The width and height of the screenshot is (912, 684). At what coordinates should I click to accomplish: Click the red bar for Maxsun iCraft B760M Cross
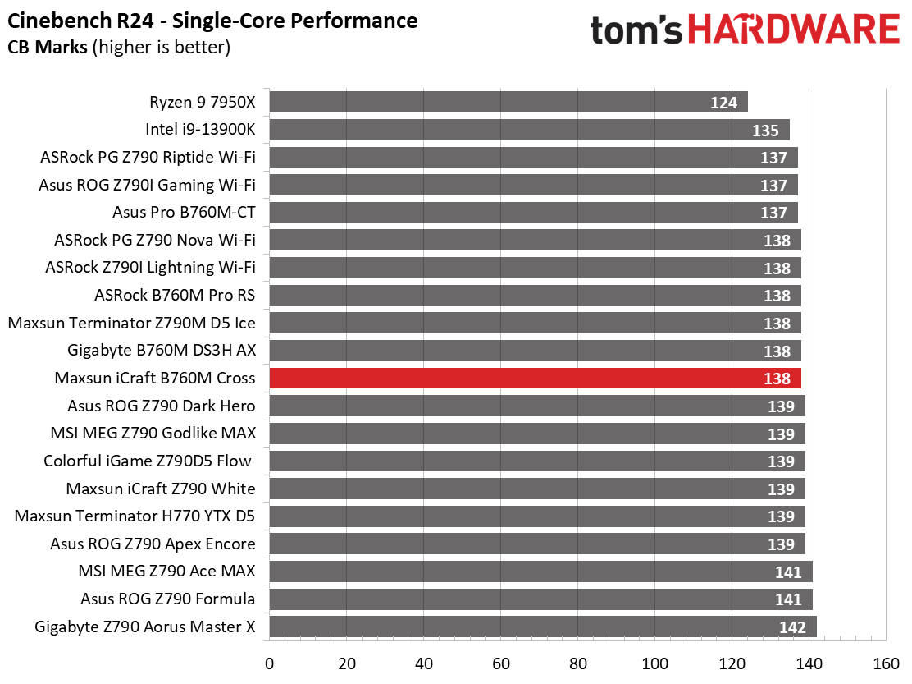535,379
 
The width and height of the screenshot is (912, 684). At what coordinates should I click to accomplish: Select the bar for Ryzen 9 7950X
508,103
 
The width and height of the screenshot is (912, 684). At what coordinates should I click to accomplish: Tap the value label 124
724,103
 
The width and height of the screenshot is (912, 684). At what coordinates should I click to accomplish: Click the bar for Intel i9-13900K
529,130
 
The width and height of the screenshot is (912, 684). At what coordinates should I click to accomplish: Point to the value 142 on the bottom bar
793,628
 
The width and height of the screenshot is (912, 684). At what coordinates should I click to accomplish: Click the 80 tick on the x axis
578,663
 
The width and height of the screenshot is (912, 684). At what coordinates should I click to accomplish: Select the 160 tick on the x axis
887,663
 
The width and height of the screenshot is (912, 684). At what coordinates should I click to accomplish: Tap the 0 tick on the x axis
269,663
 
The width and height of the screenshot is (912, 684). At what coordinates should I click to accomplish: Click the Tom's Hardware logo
744,30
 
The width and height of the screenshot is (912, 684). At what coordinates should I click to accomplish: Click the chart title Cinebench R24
212,21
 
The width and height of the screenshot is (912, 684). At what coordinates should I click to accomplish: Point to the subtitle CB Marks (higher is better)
119,48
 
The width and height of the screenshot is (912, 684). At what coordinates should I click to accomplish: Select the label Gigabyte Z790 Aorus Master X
145,627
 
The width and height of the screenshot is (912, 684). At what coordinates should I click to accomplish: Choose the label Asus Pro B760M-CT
184,213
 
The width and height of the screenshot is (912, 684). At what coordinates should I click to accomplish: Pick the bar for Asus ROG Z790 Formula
540,599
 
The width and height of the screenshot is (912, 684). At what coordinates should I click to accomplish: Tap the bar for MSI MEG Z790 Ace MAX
540,572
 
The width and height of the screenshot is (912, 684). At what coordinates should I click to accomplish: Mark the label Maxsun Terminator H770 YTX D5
135,516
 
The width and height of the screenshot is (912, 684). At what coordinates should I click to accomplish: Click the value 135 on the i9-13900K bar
766,131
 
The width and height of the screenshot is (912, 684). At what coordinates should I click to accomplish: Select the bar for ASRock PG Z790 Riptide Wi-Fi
533,158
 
